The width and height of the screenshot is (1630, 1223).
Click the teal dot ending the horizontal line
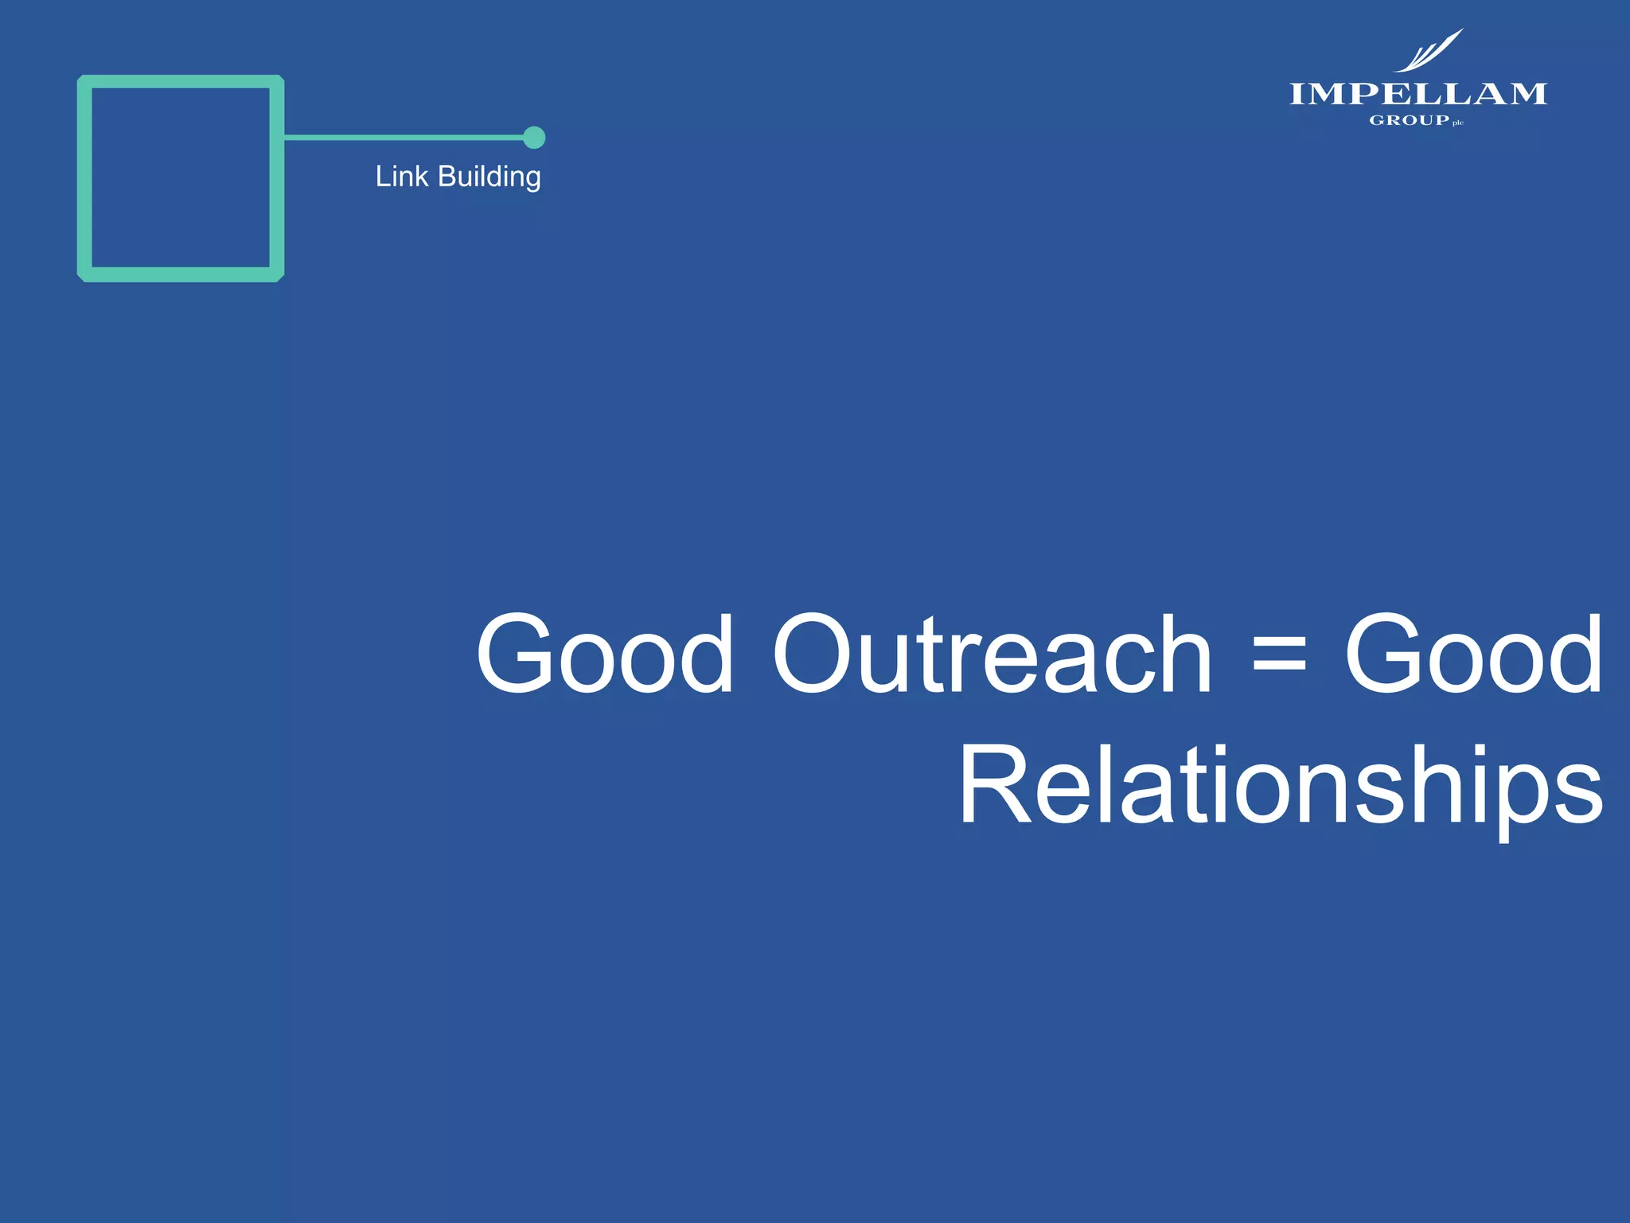(x=534, y=138)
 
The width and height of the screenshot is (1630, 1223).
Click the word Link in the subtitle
(x=401, y=176)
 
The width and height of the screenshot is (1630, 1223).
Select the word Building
(x=489, y=177)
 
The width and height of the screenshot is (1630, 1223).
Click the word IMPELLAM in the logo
(x=1417, y=94)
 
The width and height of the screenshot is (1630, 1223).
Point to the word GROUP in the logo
(x=1409, y=120)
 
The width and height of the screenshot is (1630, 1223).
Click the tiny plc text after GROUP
(x=1458, y=123)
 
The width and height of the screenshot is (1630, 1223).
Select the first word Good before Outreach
(x=605, y=654)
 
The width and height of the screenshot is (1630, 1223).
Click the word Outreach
(x=992, y=654)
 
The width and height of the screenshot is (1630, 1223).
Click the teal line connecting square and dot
(x=402, y=138)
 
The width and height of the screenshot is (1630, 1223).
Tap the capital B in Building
(x=447, y=176)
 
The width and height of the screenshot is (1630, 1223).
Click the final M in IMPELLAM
(x=1526, y=94)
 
